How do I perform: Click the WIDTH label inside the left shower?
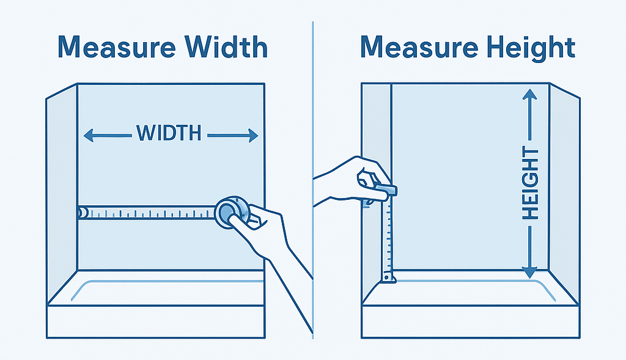[x=168, y=133]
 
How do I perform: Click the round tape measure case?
[x=230, y=211]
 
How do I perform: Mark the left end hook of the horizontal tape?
[x=81, y=213]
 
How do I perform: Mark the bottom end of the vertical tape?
[x=388, y=278]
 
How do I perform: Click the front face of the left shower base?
[x=156, y=321]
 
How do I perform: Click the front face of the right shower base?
[x=469, y=321]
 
